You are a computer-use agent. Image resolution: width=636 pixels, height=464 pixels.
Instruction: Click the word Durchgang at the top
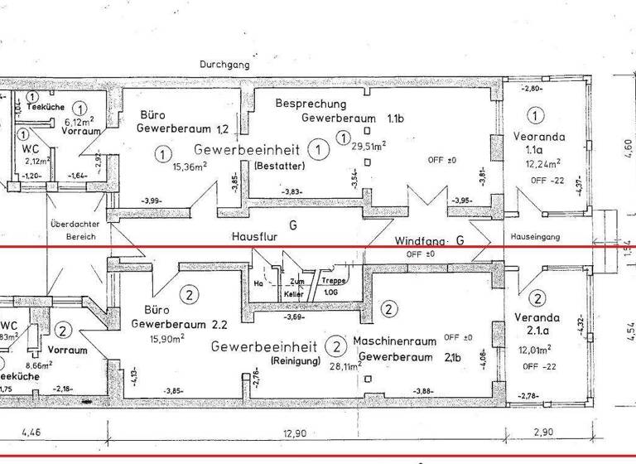coord(224,64)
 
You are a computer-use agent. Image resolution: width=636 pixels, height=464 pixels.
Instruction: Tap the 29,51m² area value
coord(369,146)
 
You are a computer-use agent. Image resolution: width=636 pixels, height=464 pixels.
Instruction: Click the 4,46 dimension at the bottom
coord(29,432)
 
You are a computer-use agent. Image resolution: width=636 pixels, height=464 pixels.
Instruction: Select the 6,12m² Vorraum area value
coord(79,120)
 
